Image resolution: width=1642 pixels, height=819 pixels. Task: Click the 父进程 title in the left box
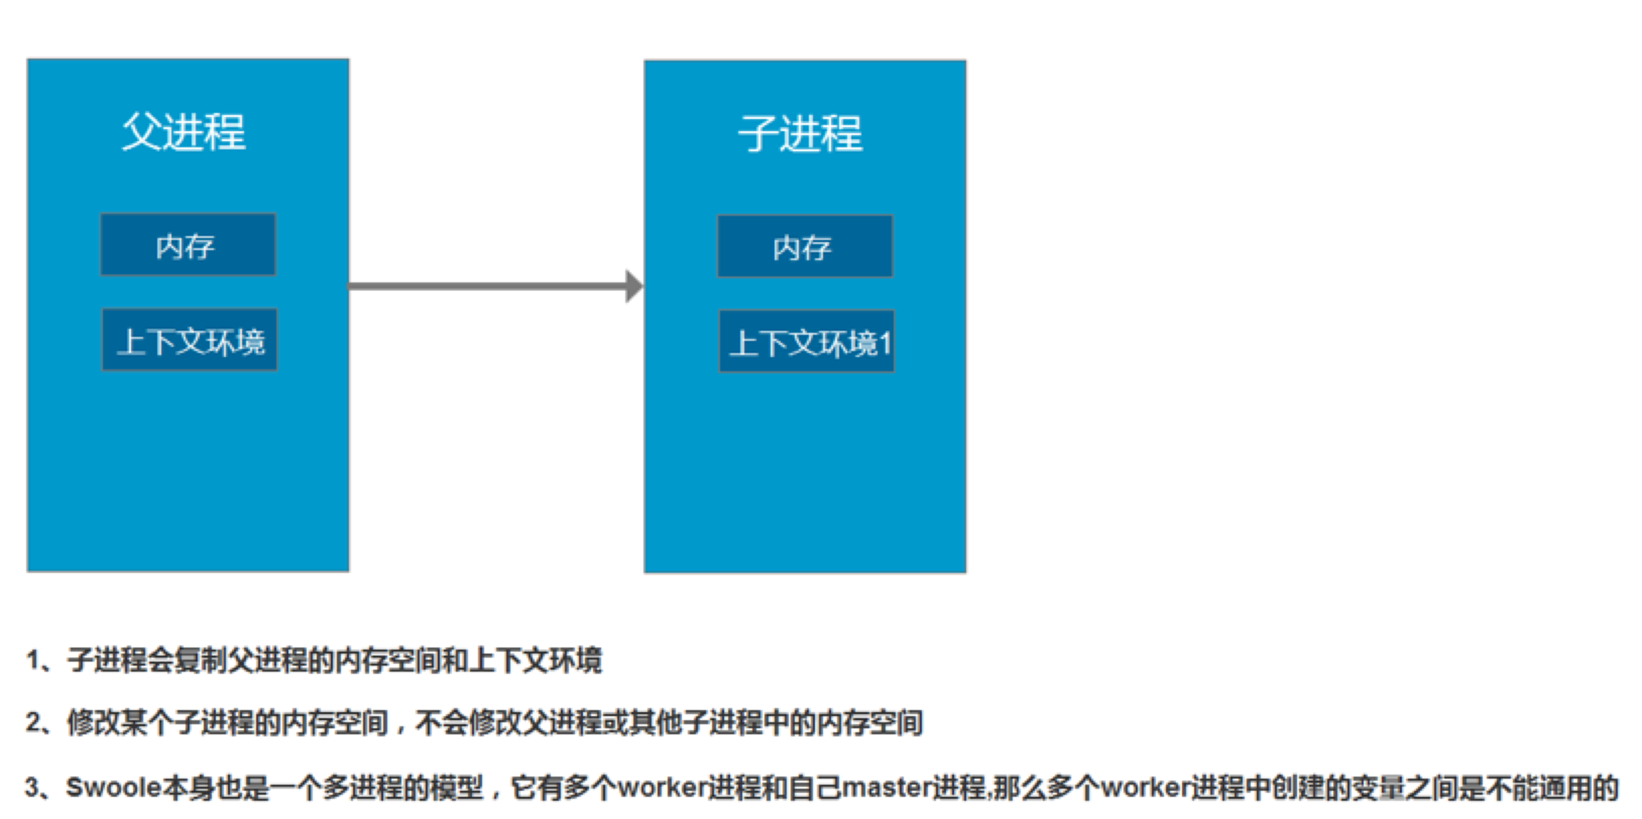tap(184, 131)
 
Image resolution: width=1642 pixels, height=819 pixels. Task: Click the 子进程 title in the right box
tap(800, 133)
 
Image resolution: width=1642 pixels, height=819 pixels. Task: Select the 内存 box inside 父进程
tap(188, 245)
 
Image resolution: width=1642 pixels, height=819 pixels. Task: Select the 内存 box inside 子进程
tap(806, 246)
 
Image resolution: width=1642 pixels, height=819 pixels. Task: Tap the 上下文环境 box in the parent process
tap(190, 340)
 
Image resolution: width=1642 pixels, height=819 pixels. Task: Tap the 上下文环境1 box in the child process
tap(807, 341)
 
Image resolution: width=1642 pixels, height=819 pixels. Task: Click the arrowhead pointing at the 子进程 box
tap(634, 286)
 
